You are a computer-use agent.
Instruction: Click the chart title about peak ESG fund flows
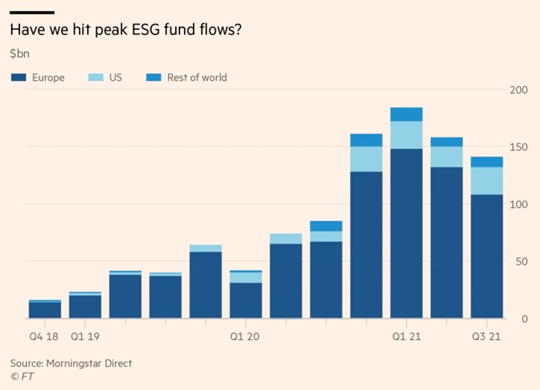126,30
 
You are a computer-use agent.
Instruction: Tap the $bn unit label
20,53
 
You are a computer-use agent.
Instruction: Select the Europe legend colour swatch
18,77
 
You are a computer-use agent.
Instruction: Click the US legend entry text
115,77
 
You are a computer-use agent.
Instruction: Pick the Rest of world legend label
197,77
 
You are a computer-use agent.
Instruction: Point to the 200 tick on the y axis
518,90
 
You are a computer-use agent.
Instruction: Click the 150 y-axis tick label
518,147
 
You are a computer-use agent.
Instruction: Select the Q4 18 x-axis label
43,337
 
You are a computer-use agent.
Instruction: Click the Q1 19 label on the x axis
85,337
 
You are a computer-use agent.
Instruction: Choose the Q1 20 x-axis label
244,337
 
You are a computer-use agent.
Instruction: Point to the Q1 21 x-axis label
406,337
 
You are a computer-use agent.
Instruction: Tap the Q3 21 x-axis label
486,337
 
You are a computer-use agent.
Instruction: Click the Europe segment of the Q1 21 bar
406,233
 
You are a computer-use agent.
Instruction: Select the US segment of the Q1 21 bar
406,135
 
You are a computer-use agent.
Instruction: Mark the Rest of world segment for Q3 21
487,162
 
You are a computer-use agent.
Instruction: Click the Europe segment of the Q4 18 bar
45,310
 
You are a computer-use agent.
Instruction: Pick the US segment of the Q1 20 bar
246,278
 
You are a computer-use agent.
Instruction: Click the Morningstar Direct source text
71,363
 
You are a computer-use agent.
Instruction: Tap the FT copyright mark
22,376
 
